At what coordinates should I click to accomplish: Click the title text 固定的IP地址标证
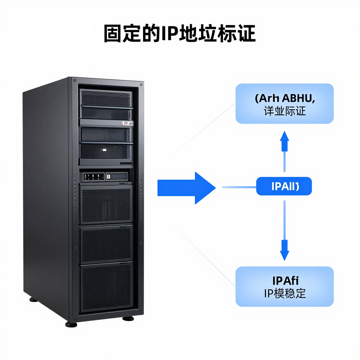pos(180,34)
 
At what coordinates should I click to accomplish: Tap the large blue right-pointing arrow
pos(186,188)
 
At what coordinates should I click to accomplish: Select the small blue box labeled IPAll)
pos(284,186)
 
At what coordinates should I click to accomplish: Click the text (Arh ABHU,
pos(285,98)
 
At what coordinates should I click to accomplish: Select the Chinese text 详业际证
pos(285,111)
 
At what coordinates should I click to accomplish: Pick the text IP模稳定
pos(285,293)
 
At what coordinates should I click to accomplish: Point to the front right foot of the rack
pos(128,318)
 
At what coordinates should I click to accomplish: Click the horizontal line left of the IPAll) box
pos(239,187)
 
